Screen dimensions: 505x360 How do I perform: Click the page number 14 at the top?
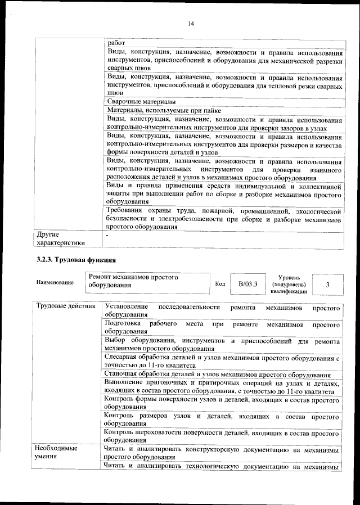click(191, 23)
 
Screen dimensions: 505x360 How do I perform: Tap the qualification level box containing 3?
click(327, 285)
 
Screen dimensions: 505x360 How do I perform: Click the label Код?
click(220, 284)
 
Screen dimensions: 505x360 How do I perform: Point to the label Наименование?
click(55, 282)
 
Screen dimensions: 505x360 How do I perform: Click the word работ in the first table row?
click(116, 43)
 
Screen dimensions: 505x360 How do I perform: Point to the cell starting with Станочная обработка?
click(218, 375)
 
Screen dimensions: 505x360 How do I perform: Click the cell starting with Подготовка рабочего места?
click(223, 328)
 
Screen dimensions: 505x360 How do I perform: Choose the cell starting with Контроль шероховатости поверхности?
click(223, 436)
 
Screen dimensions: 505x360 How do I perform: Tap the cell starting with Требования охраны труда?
click(223, 219)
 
